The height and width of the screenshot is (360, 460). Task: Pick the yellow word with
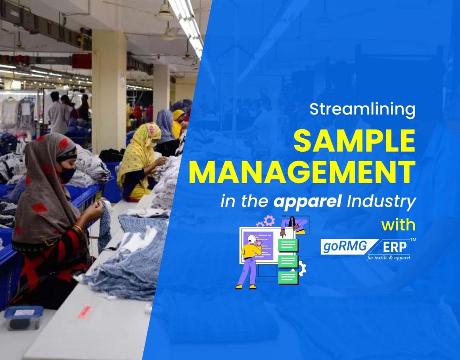(x=398, y=224)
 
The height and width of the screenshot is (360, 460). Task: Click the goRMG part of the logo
(x=342, y=246)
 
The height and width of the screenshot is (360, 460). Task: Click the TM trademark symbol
(x=413, y=240)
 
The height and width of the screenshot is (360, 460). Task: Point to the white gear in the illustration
(x=301, y=268)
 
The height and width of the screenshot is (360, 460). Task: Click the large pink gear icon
(x=269, y=220)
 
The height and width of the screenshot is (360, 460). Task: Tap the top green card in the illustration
(x=288, y=245)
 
